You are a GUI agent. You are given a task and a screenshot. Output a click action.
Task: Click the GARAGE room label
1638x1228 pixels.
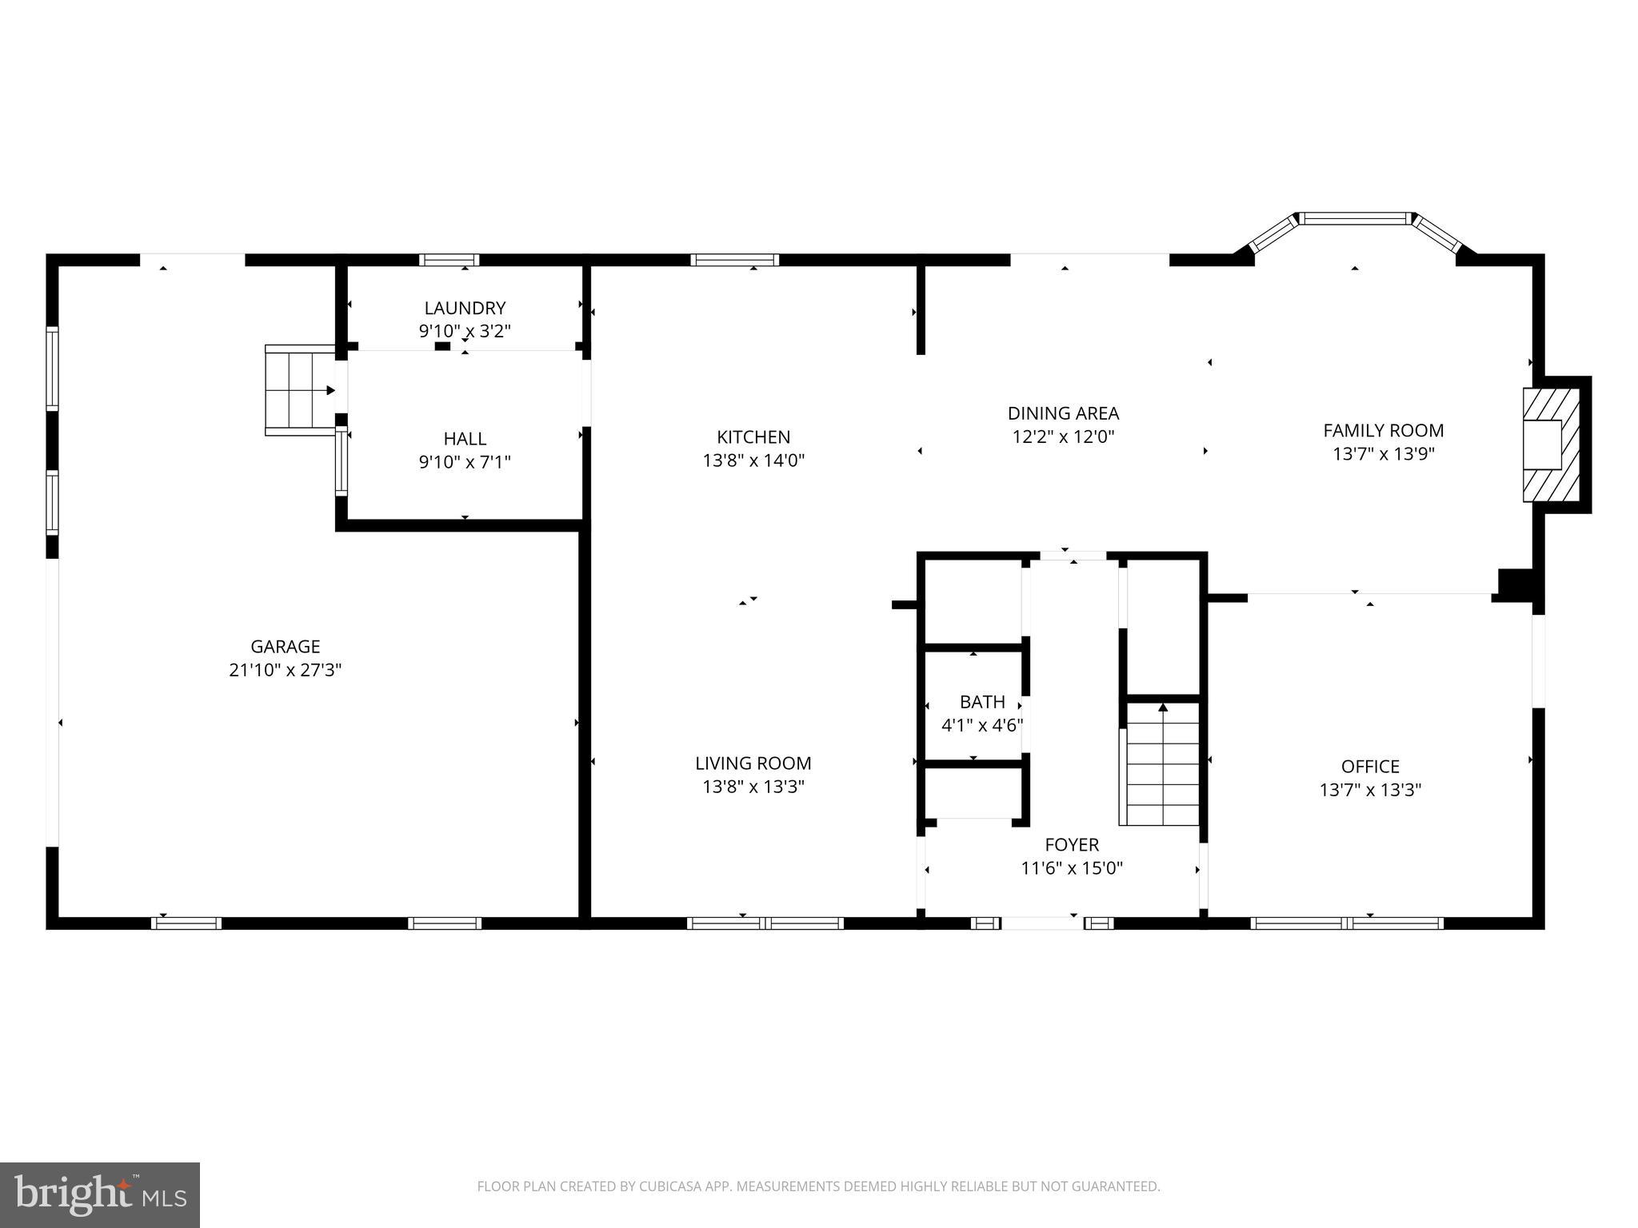coord(285,646)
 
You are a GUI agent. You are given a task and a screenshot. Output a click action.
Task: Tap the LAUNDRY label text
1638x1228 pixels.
coord(465,308)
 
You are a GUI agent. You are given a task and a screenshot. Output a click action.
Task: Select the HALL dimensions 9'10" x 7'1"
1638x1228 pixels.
coord(465,461)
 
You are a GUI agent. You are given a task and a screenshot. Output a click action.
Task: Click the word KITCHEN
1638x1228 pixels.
coord(753,437)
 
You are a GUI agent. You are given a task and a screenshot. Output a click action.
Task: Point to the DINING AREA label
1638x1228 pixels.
coord(1063,413)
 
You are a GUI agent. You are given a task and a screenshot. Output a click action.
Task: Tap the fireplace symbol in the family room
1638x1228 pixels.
coord(1552,445)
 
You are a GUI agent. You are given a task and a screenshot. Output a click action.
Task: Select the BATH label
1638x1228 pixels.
coord(982,702)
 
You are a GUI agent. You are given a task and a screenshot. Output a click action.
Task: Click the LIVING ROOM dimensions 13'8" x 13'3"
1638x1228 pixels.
coord(753,787)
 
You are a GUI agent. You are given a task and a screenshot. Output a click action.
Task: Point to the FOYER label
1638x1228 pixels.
coord(1072,844)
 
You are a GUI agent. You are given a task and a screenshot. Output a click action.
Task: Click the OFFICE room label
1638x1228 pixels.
coord(1370,767)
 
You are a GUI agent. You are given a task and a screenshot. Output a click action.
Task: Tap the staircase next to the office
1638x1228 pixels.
coord(1163,764)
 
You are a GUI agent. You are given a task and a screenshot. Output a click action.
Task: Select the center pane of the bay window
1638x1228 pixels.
coord(1354,217)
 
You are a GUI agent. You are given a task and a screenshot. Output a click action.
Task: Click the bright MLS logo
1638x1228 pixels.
coord(100,1194)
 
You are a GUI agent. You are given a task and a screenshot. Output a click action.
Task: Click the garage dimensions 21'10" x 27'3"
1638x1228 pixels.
coord(285,670)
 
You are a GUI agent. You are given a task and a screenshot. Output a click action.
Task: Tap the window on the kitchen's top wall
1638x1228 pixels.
coord(734,260)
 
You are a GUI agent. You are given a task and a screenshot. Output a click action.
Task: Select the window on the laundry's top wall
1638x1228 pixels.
coord(449,260)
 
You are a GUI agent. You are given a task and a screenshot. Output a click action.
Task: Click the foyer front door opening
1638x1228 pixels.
coord(1042,923)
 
